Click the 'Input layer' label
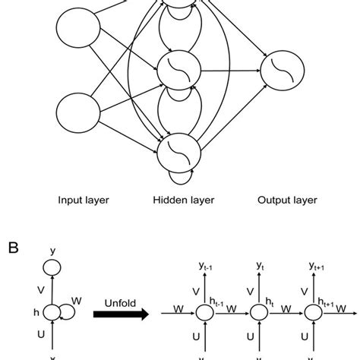tap(84, 201)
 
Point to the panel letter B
tap(14, 247)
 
